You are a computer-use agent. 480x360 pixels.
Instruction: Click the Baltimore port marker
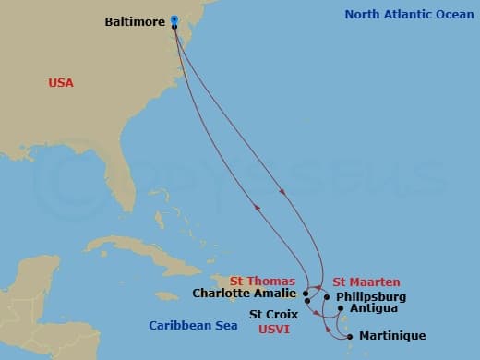pos(174,21)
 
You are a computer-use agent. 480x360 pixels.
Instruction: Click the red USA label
pos(61,83)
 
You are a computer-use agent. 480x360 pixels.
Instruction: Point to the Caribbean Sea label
pos(190,324)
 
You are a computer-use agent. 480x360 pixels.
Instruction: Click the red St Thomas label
pos(262,281)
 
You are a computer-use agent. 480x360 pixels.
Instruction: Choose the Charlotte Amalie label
pos(246,294)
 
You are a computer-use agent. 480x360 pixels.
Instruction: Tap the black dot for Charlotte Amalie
pos(306,293)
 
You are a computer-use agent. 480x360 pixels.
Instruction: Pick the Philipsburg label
pos(370,297)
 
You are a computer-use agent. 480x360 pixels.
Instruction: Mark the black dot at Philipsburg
pos(326,297)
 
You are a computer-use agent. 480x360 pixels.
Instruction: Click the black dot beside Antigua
pos(341,308)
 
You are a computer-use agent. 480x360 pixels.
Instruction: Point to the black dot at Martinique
pos(350,336)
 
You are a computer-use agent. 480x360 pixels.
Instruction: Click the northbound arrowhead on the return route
pos(258,208)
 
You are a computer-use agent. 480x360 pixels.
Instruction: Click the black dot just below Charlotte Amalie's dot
pos(306,301)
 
